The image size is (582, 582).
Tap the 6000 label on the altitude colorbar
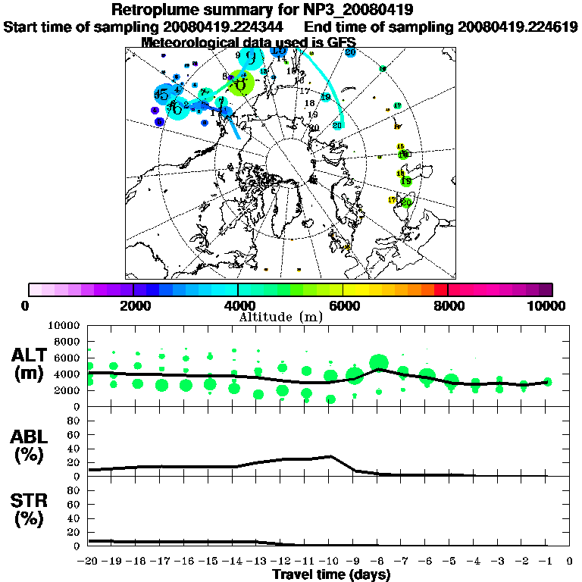pyautogui.click(x=343, y=306)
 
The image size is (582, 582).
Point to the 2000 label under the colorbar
pyautogui.click(x=133, y=306)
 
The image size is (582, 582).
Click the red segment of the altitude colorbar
pyautogui.click(x=440, y=289)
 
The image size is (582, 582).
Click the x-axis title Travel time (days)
pyautogui.click(x=331, y=575)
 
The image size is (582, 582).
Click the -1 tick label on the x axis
pyautogui.click(x=546, y=562)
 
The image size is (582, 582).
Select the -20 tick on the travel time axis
pyautogui.click(x=89, y=562)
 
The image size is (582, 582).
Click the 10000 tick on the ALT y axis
pyautogui.click(x=67, y=325)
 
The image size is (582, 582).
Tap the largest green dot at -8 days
pyautogui.click(x=378, y=363)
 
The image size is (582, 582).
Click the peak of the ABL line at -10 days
pyautogui.click(x=330, y=456)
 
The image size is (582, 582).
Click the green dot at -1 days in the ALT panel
pyautogui.click(x=547, y=382)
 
